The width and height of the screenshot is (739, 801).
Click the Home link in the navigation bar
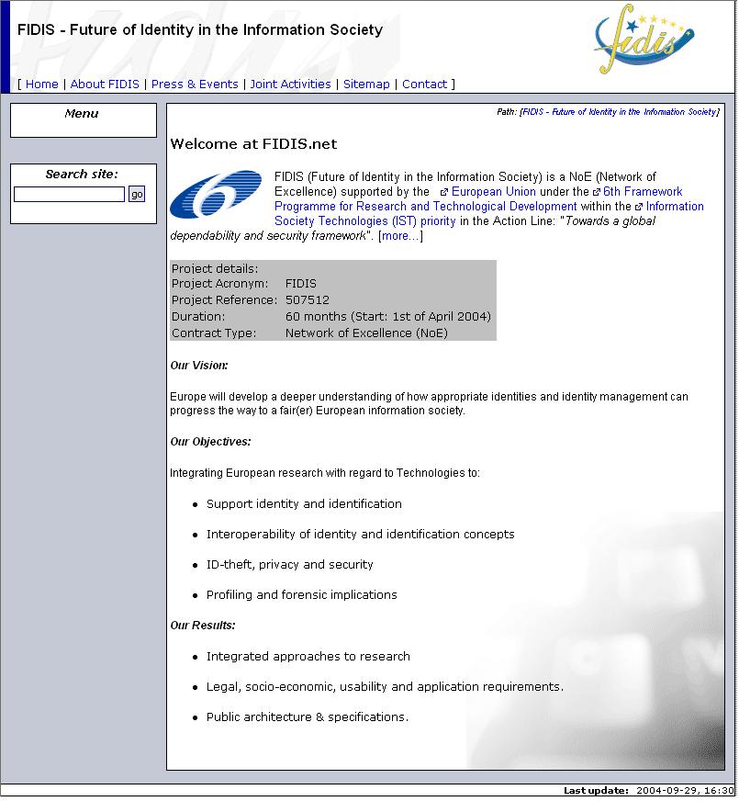coord(41,85)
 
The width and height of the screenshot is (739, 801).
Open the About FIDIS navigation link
coord(105,85)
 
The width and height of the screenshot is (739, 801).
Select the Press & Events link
coord(195,85)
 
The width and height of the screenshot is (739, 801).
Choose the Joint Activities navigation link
coord(290,85)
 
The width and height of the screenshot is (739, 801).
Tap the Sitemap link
coord(366,85)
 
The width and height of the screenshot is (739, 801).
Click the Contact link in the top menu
coord(424,85)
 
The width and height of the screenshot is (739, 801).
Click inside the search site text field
coord(69,195)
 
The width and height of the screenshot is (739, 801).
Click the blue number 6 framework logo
coord(216,194)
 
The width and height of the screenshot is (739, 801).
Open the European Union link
coord(494,192)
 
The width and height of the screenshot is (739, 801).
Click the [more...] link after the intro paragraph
coord(400,236)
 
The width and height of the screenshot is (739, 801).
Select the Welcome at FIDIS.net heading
coord(253,144)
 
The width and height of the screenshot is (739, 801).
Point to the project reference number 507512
coord(307,300)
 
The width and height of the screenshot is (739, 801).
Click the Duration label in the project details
coord(197,317)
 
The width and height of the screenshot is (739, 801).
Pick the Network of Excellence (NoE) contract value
coord(366,333)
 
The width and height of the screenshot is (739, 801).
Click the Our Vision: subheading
coord(199,366)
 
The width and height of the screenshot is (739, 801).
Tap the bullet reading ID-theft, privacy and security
coord(289,565)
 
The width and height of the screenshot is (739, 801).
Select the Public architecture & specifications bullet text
coord(307,717)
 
